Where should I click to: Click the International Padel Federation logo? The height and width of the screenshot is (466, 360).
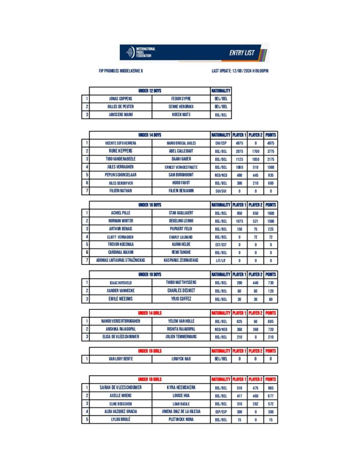click(x=141, y=52)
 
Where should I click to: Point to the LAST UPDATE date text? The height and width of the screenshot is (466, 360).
click(x=240, y=71)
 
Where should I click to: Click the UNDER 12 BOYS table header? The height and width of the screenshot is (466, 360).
click(x=150, y=91)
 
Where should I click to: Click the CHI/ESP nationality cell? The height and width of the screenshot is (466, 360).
click(x=221, y=143)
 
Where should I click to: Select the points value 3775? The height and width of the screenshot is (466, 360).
click(x=271, y=151)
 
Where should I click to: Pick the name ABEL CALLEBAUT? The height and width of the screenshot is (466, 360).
click(x=181, y=151)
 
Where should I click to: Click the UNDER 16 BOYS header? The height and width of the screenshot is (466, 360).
click(x=150, y=205)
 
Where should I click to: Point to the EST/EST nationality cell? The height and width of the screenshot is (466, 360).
click(x=221, y=245)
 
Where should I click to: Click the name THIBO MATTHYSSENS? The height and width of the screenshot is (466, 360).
click(x=181, y=283)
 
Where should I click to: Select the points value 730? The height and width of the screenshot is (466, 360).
click(x=271, y=283)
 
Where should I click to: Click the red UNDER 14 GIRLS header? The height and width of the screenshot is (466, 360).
click(x=150, y=313)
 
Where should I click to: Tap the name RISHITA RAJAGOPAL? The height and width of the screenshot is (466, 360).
click(x=181, y=329)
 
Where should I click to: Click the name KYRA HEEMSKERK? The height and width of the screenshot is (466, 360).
click(x=181, y=388)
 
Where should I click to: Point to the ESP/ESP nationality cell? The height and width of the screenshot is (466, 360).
click(x=221, y=411)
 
